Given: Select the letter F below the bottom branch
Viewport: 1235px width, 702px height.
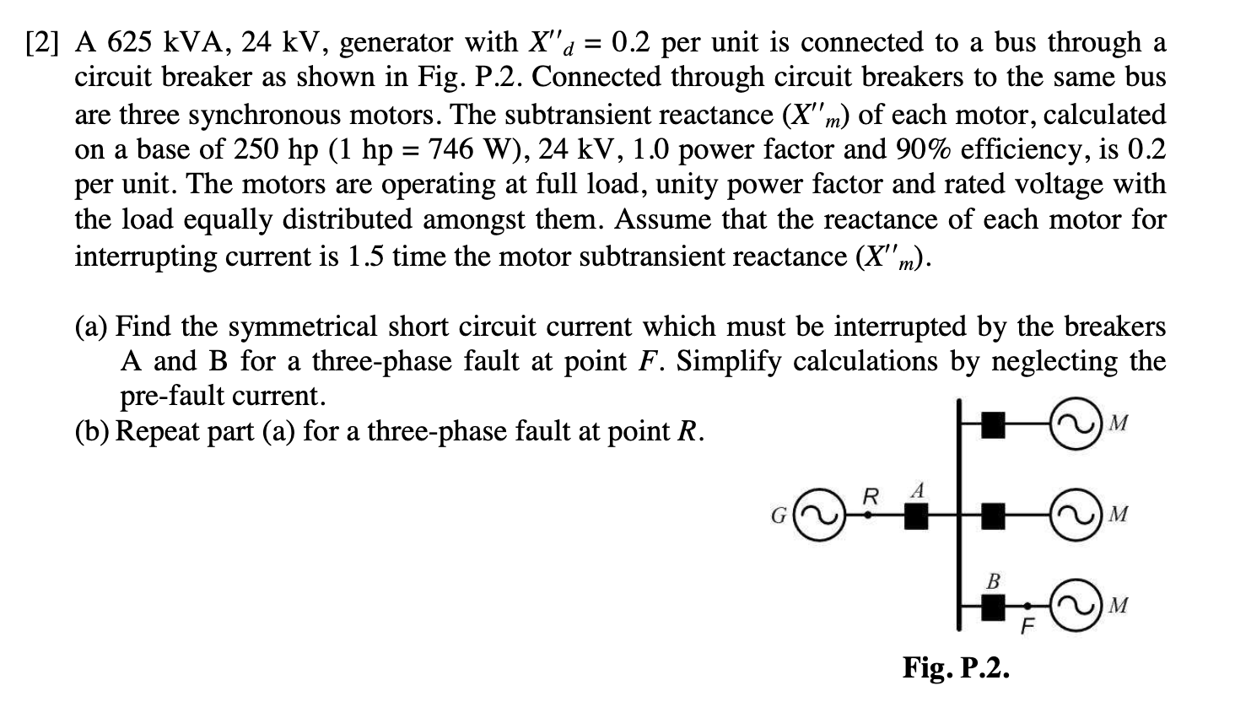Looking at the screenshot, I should click(1027, 627).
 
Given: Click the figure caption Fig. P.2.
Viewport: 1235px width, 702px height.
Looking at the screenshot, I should click(955, 667).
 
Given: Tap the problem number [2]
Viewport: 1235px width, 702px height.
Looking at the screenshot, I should click(42, 42).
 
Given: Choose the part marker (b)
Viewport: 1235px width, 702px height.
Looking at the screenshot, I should click(92, 431).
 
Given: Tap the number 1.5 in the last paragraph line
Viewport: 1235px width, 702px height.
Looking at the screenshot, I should click(367, 256).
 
